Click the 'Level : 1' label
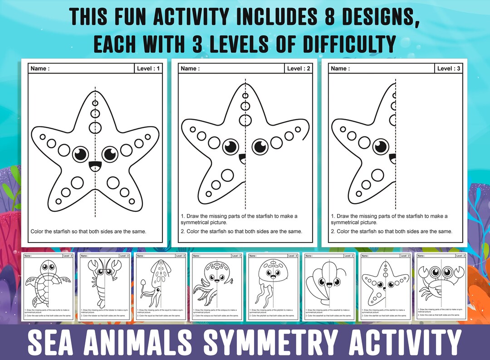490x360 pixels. (x=148, y=68)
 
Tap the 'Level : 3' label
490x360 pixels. (x=449, y=68)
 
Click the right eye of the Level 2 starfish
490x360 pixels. (x=260, y=146)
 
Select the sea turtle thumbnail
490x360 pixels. (x=48, y=287)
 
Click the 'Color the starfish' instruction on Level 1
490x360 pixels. (x=88, y=231)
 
